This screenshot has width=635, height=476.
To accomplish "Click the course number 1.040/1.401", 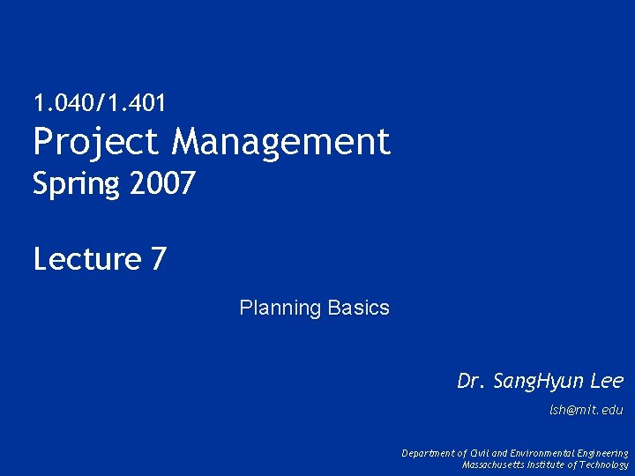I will click(x=99, y=103).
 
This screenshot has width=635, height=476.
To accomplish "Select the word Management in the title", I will click(x=281, y=141).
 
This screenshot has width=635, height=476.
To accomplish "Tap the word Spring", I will click(x=76, y=185).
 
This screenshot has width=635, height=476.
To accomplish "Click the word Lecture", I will click(x=87, y=259).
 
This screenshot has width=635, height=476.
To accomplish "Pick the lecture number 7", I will click(x=159, y=259).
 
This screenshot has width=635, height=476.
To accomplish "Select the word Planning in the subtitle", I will click(x=280, y=309).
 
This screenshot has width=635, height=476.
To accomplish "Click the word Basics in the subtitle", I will click(x=358, y=308).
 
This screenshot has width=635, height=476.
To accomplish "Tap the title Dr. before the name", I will click(x=471, y=381).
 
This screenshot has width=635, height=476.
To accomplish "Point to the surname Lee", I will click(x=607, y=381).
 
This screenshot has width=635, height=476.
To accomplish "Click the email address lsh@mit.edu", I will click(x=586, y=410).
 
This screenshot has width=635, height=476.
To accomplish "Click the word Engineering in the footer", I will click(x=604, y=453).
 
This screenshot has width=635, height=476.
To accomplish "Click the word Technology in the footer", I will click(x=606, y=465).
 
